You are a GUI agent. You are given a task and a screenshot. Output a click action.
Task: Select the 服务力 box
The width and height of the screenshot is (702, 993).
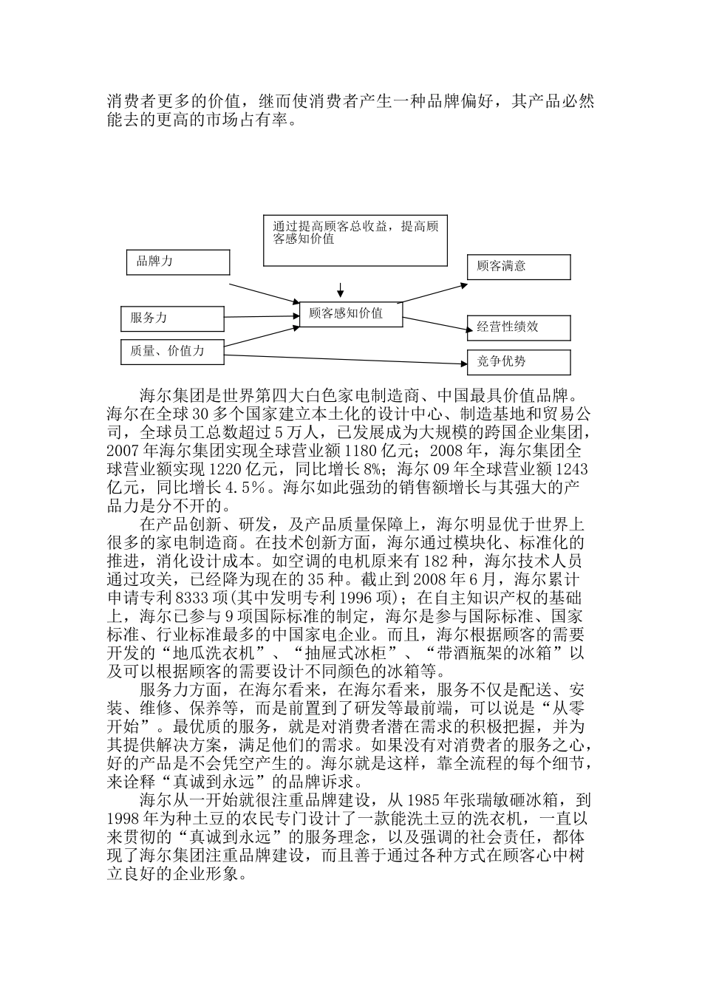pos(172,318)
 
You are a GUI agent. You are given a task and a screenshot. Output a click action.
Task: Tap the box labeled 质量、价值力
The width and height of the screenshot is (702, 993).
pos(172,352)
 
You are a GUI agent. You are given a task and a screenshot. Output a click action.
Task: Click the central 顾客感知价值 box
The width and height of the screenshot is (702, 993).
pos(351,313)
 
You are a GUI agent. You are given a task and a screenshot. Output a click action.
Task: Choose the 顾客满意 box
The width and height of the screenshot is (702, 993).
pos(519,267)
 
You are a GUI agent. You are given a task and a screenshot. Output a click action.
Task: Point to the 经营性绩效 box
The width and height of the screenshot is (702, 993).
pos(519,327)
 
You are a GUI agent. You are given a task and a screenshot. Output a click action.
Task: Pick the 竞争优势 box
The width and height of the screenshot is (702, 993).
pos(519,362)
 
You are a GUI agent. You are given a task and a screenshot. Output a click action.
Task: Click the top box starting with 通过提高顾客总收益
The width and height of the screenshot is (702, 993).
pos(355,240)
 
